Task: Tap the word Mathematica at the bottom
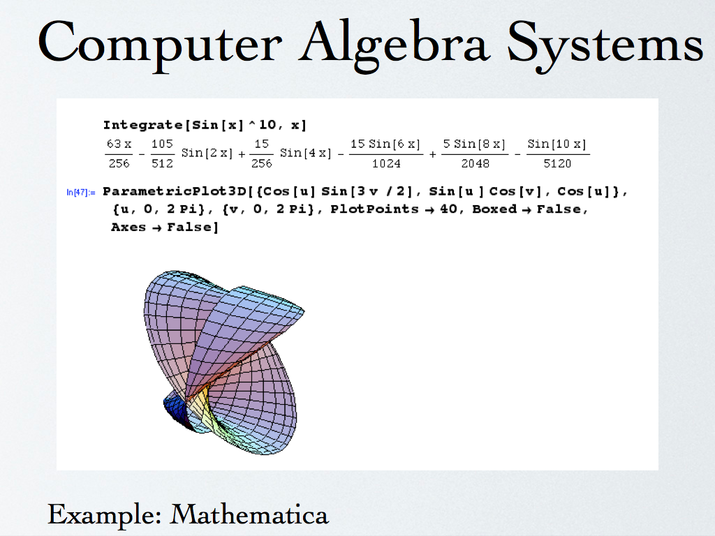point(249,515)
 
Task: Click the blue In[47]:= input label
point(81,193)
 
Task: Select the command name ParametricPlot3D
point(175,191)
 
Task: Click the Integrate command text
point(142,125)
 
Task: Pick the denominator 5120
point(557,163)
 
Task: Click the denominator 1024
point(386,163)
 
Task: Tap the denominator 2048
point(475,163)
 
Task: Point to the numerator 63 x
point(119,144)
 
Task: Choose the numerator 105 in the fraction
point(162,144)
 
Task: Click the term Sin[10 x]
point(556,144)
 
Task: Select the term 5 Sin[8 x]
point(474,144)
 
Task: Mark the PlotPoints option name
point(374,209)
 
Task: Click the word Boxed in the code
point(494,209)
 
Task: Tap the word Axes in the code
point(128,227)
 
